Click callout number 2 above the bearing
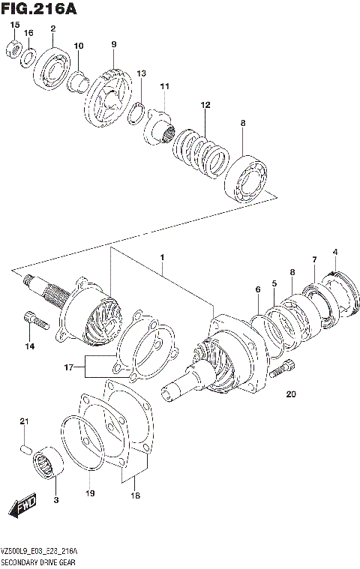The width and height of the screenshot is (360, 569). point(52,29)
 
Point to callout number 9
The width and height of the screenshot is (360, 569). point(114,45)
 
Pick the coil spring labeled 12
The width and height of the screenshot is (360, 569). point(201,146)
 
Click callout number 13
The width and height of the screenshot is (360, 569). point(141,73)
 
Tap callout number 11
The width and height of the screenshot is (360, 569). point(165,86)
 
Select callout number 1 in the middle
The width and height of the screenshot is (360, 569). point(160,258)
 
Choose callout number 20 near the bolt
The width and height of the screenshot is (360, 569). point(292,394)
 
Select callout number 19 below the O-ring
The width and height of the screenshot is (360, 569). point(90,493)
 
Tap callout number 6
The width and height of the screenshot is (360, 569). point(257,289)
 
